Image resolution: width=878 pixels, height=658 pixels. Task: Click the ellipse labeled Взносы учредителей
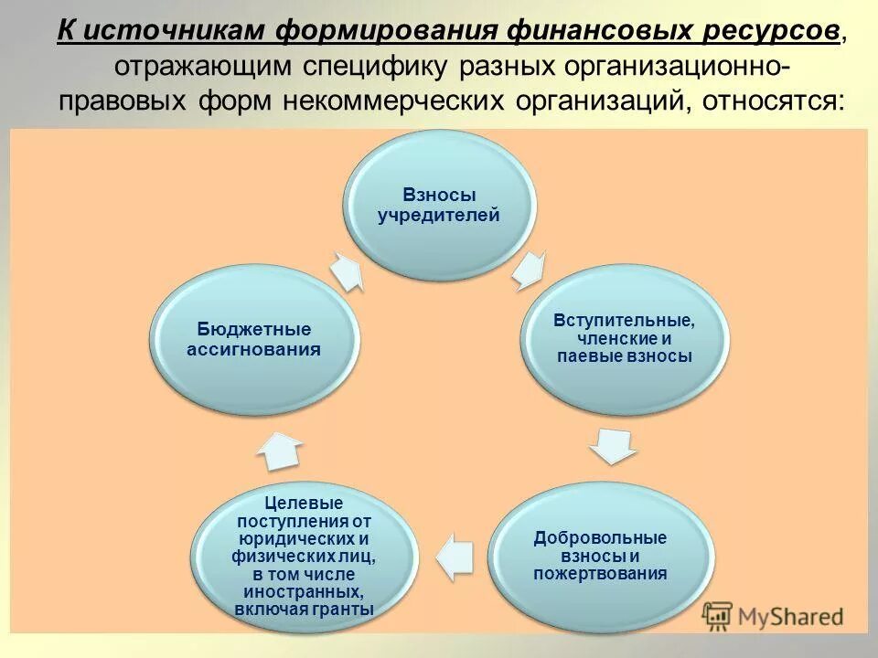coord(439,205)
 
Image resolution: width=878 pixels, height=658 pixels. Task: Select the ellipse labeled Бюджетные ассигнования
coord(254,339)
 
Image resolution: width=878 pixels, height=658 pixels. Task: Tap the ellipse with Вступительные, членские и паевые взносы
coord(625,339)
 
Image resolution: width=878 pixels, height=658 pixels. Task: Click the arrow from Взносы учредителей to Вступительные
coord(529,270)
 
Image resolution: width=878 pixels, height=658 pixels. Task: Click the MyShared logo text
coord(790,616)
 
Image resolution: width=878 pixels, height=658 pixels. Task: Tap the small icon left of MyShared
coord(718,616)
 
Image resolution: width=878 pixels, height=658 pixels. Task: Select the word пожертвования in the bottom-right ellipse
coord(600,574)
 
